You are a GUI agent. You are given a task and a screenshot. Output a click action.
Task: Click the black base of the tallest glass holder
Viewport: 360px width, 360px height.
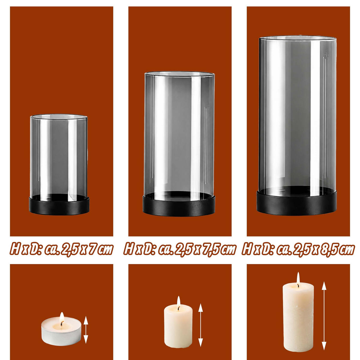click(x=297, y=202)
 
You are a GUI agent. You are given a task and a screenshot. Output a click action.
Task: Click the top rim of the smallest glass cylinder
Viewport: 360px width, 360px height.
click(x=59, y=116)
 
